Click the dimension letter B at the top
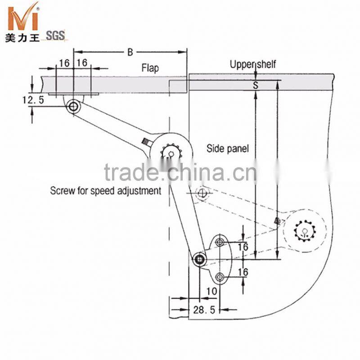click(130, 53)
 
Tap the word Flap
click(150, 69)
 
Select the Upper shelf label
click(252, 64)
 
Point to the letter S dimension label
click(255, 85)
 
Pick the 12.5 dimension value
click(33, 100)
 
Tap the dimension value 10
click(211, 291)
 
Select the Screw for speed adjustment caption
click(106, 190)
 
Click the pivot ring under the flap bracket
click(73, 107)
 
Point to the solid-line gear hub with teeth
click(170, 153)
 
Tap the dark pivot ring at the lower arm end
click(199, 259)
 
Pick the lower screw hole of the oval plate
click(220, 276)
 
